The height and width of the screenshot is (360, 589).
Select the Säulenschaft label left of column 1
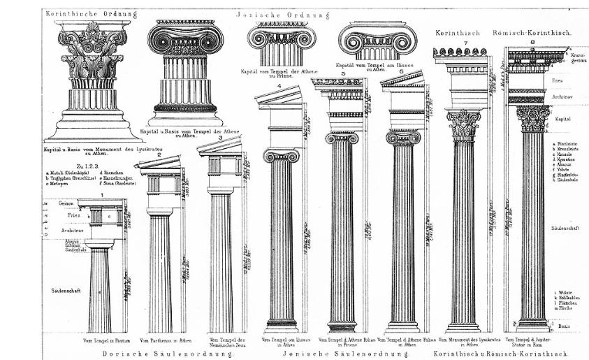[66, 289]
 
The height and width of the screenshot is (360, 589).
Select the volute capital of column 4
[281, 155]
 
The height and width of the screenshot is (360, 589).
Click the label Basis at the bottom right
[566, 326]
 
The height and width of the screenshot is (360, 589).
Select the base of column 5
[342, 326]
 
